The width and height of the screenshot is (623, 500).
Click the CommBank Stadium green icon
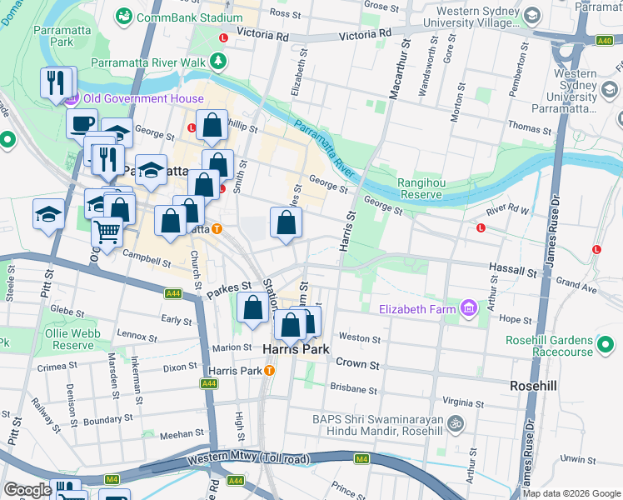[124, 16]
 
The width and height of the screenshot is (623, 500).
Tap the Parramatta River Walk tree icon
[218, 61]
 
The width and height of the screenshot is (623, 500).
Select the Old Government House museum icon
[71, 98]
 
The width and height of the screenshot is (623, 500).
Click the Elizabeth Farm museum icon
[468, 309]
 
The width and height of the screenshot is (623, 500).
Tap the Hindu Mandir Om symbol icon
[456, 423]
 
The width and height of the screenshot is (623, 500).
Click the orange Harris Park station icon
[269, 370]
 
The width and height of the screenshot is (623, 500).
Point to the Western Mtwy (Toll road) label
[248, 457]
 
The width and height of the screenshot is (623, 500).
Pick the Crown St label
[357, 364]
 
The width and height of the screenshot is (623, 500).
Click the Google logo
[28, 490]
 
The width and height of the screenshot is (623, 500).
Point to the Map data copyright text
[571, 493]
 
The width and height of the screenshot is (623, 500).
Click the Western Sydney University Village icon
[534, 15]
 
